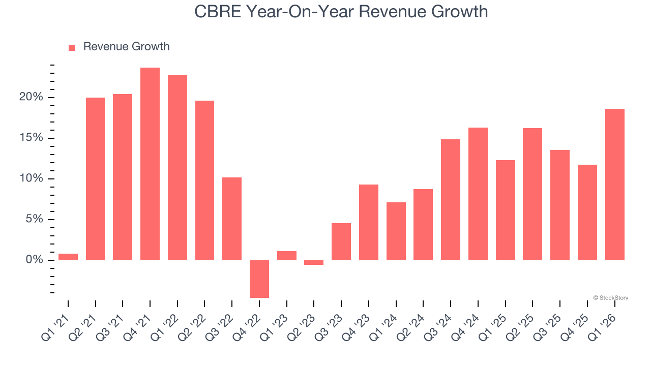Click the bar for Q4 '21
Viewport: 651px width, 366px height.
(150, 164)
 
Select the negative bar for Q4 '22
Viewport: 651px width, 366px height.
(259, 279)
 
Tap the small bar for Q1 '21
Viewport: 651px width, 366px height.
(68, 257)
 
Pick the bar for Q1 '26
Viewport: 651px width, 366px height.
(614, 185)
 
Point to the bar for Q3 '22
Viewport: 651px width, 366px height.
(232, 219)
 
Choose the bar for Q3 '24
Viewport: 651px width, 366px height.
(451, 200)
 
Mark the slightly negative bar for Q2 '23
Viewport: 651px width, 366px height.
(314, 262)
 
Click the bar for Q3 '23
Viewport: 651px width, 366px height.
(341, 241)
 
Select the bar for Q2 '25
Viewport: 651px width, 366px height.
(532, 194)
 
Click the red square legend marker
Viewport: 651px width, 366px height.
(72, 47)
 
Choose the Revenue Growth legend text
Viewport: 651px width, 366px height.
(126, 47)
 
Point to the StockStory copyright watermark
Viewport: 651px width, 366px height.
(610, 298)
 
